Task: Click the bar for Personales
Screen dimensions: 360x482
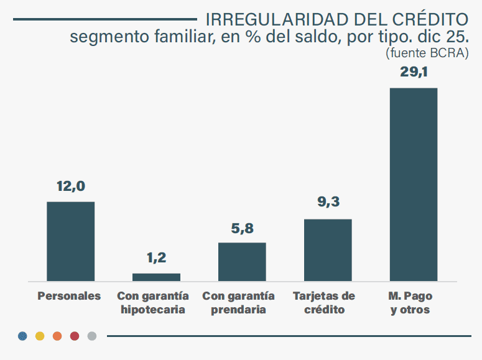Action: pyautogui.click(x=71, y=241)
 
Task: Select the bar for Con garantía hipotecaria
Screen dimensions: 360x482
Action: pyautogui.click(x=156, y=277)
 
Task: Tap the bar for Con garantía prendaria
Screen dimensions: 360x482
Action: pyautogui.click(x=242, y=262)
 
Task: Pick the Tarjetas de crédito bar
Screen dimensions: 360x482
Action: pyautogui.click(x=328, y=250)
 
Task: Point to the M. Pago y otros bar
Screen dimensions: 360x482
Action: pyautogui.click(x=413, y=184)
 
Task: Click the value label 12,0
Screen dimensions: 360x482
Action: pyautogui.click(x=70, y=187)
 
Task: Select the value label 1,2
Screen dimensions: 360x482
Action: pyautogui.click(x=156, y=258)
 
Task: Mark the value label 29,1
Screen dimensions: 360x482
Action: pyautogui.click(x=414, y=73)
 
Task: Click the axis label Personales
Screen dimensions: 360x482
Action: pyautogui.click(x=69, y=296)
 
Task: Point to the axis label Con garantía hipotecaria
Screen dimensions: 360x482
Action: pyautogui.click(x=152, y=303)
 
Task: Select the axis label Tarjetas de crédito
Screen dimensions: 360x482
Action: pyautogui.click(x=324, y=303)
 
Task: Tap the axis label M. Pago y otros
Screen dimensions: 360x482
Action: pyautogui.click(x=410, y=303)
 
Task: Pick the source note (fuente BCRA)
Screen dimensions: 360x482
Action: pyautogui.click(x=427, y=53)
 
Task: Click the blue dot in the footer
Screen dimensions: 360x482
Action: pyautogui.click(x=22, y=336)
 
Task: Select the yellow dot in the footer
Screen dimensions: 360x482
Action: pyautogui.click(x=40, y=336)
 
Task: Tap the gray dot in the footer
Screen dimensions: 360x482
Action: pyautogui.click(x=92, y=336)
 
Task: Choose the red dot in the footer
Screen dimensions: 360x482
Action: pyautogui.click(x=75, y=336)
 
